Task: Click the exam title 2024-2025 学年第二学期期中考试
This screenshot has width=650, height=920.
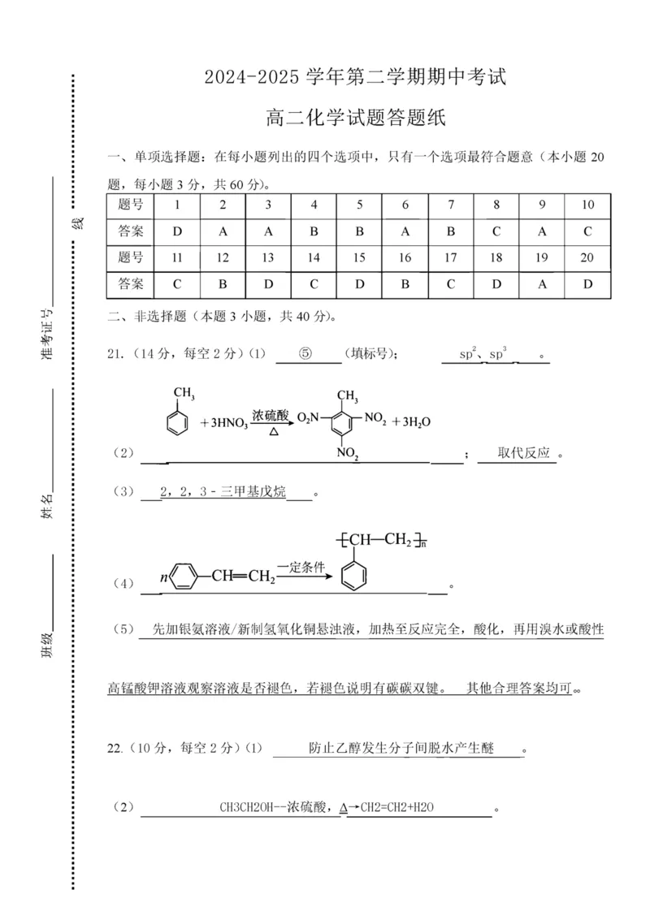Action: pyautogui.click(x=355, y=78)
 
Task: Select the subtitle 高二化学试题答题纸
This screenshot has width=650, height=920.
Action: pyautogui.click(x=355, y=119)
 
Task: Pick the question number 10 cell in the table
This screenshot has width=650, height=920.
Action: pyautogui.click(x=587, y=205)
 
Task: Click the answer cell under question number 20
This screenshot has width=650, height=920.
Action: pyautogui.click(x=587, y=284)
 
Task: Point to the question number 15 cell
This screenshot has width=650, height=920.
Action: pyautogui.click(x=360, y=258)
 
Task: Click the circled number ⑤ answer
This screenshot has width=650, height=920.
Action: pyautogui.click(x=305, y=354)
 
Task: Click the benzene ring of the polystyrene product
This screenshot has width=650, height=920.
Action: pyautogui.click(x=354, y=577)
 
